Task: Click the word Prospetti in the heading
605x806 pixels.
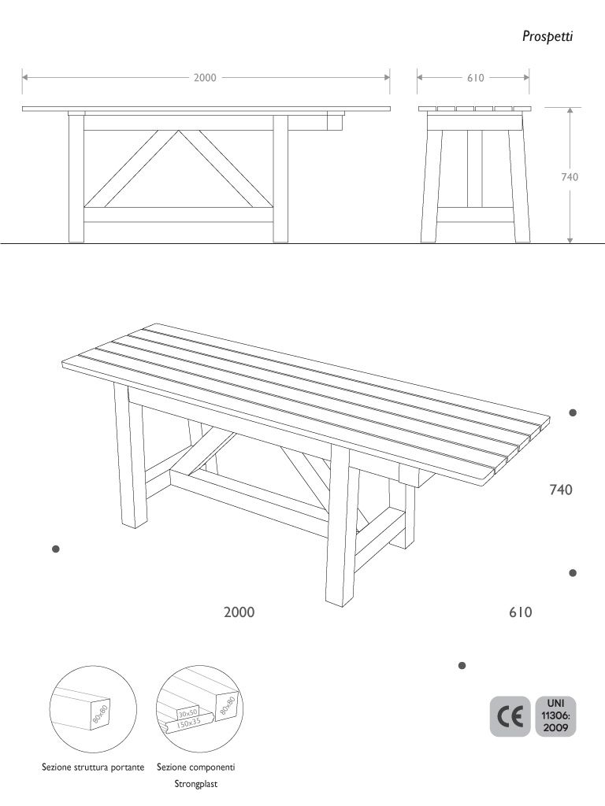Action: pos(547,36)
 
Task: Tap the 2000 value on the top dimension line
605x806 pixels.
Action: pos(205,78)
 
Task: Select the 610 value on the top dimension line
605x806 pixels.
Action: pos(475,78)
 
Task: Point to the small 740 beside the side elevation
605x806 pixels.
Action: pos(570,177)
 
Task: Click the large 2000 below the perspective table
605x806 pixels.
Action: pos(239,612)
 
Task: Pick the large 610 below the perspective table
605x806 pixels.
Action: pos(521,612)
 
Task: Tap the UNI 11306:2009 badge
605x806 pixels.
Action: pos(555,716)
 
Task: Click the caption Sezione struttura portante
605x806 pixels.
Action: pos(93,767)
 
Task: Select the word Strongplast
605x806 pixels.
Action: pos(196,784)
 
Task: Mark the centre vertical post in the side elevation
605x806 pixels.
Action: pos(475,169)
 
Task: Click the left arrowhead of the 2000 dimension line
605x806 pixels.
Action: pos(25,78)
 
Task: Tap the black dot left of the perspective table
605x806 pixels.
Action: pos(56,549)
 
